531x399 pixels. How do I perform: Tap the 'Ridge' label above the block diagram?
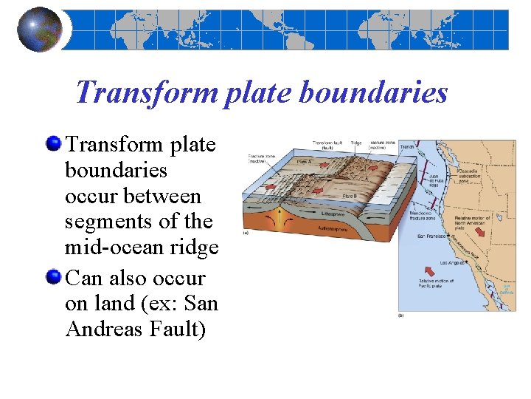point(356,143)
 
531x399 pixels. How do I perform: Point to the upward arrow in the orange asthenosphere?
point(280,216)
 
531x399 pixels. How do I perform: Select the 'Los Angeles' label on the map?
point(452,263)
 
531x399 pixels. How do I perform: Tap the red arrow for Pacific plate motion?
point(428,269)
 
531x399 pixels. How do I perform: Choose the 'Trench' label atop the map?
point(406,147)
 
